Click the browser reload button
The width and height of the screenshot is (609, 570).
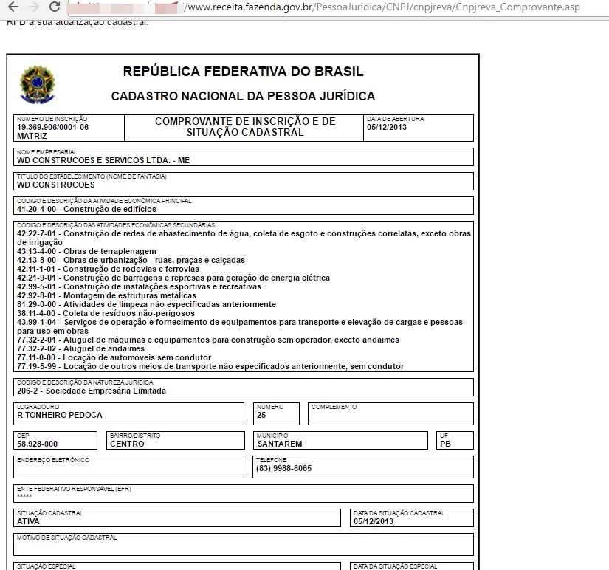(x=54, y=7)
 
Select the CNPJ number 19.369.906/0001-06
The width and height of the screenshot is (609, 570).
(x=52, y=127)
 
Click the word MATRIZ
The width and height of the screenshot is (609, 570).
(x=32, y=136)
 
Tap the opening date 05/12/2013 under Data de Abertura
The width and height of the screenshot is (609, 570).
(x=387, y=127)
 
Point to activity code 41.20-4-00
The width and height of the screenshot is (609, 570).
(x=40, y=209)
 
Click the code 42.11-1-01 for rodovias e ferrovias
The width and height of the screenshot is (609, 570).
(x=37, y=269)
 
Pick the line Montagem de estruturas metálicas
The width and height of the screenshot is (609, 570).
(x=97, y=295)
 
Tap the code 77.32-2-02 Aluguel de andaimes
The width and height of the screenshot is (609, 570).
(x=37, y=348)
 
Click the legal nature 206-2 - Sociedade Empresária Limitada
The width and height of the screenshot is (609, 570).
(x=92, y=391)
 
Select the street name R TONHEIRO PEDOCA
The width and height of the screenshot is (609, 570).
(x=60, y=415)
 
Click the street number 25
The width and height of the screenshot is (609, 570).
(x=261, y=415)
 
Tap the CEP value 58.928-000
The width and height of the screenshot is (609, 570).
(x=37, y=444)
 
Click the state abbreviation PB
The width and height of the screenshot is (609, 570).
(x=445, y=444)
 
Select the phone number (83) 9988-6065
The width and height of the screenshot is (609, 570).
(x=283, y=468)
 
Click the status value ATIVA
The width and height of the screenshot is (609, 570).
(x=28, y=521)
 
